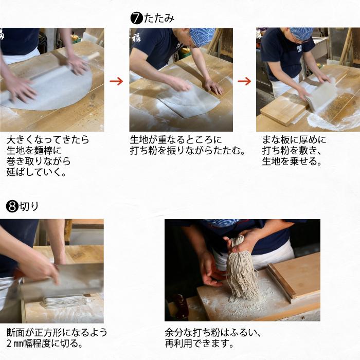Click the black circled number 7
(137, 19)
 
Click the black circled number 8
(12, 206)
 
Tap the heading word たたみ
(159, 19)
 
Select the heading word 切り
(29, 206)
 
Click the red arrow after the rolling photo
(116, 81)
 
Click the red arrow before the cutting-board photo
(244, 81)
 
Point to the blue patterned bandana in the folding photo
(202, 36)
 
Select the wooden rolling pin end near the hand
(93, 56)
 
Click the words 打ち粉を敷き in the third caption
(290, 151)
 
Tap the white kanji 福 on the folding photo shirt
(137, 39)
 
